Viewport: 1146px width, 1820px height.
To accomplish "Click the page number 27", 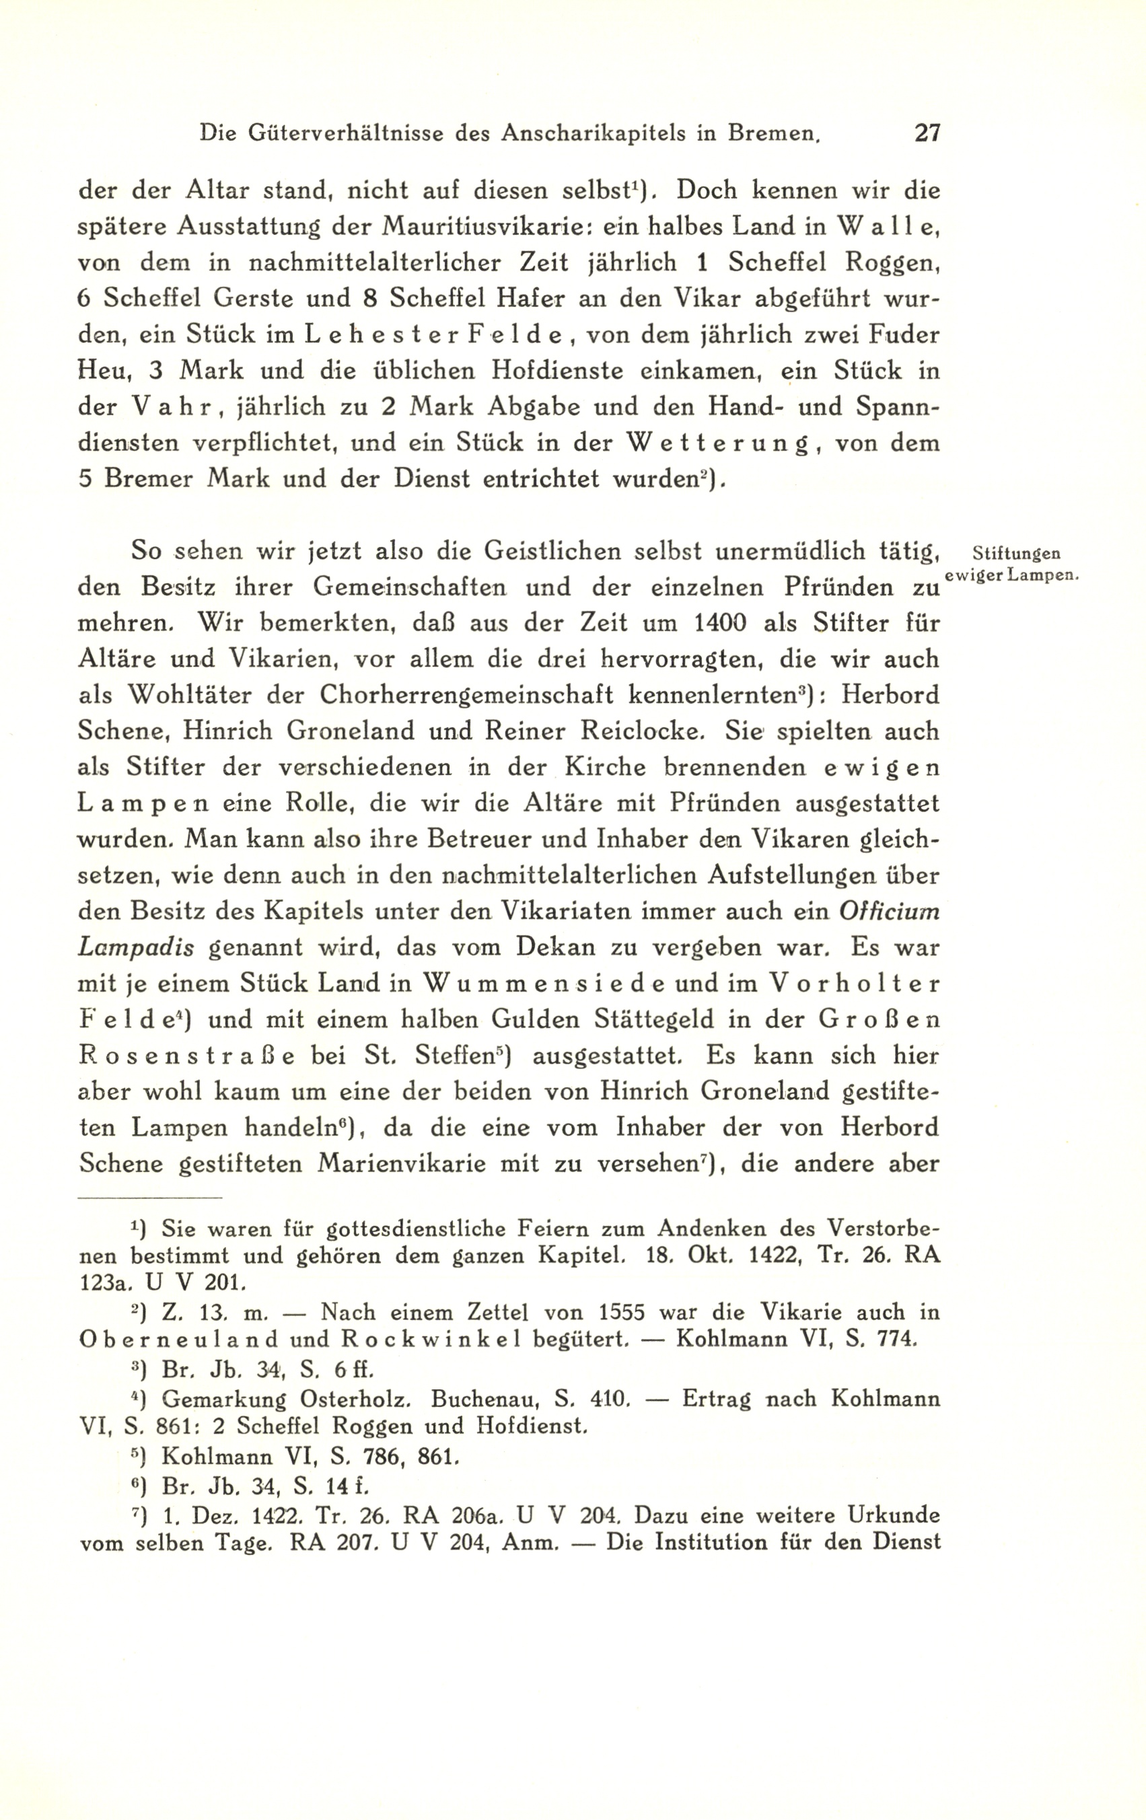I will (x=927, y=134).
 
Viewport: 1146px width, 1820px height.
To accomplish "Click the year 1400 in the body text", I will (x=717, y=623).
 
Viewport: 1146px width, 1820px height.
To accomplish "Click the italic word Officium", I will (x=889, y=912).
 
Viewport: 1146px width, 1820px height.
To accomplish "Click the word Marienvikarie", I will (x=401, y=1163).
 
